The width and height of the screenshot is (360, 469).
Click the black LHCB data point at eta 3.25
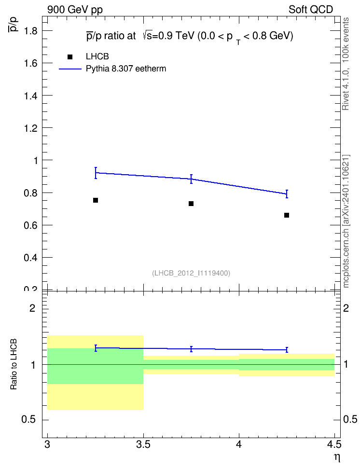click(x=96, y=200)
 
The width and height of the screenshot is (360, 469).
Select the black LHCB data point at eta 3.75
click(x=191, y=204)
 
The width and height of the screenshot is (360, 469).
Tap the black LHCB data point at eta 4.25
click(x=286, y=215)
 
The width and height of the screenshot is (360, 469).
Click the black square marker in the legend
click(x=70, y=57)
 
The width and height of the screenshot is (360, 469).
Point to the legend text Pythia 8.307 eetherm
click(x=126, y=69)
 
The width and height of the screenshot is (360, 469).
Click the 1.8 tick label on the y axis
click(x=30, y=30)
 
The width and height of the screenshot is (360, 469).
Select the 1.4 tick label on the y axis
click(x=30, y=96)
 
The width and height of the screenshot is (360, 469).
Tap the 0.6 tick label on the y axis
click(x=30, y=225)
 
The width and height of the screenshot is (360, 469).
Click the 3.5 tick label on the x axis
click(x=143, y=445)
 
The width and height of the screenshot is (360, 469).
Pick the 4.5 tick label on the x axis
click(x=334, y=445)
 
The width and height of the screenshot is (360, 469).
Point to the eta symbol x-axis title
click(x=337, y=457)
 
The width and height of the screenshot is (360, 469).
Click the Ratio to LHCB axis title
click(x=14, y=364)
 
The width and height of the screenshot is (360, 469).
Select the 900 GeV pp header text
click(x=75, y=10)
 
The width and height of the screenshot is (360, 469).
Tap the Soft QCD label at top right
click(x=311, y=10)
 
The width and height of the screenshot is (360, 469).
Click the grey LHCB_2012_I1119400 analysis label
click(x=191, y=273)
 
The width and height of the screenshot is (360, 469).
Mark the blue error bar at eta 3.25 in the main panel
click(x=96, y=173)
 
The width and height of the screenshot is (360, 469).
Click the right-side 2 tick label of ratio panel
click(x=346, y=308)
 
